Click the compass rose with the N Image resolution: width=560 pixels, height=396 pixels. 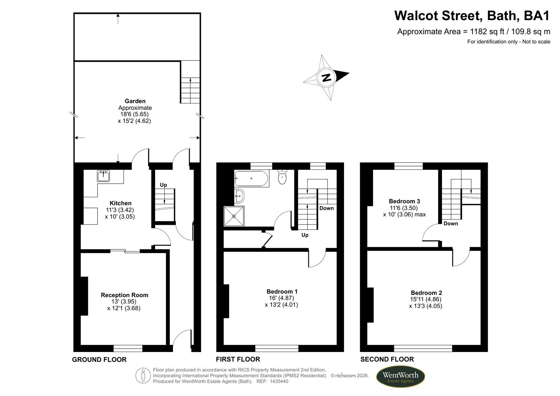326,77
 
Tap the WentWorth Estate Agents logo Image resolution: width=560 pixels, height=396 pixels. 400,377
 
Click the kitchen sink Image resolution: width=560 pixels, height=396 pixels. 103,176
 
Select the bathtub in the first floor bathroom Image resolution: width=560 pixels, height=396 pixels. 251,179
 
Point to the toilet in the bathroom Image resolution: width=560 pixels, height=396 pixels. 282,177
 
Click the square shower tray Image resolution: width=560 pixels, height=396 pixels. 234,216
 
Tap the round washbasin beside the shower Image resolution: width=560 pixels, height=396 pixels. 239,196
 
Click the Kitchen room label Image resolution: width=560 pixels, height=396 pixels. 120,203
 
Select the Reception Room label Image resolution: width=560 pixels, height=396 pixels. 124,295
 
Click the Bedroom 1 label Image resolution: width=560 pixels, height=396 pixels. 282,291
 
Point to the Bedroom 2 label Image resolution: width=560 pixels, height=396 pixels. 426,293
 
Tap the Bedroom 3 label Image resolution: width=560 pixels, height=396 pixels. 404,201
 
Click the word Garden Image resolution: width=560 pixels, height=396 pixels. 135,101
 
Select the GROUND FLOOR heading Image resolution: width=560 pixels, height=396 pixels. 99,359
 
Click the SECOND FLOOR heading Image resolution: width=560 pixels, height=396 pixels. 387,359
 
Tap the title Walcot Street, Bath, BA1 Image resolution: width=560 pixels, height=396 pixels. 472,16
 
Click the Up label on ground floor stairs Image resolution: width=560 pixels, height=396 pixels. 163,185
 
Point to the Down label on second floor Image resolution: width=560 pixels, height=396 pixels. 450,223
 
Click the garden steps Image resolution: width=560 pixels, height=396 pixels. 190,90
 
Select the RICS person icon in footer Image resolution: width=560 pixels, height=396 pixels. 143,376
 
